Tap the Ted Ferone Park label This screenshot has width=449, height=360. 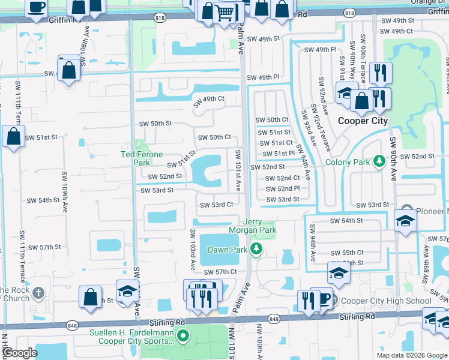coord(142,158)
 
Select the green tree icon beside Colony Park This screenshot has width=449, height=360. coord(379,161)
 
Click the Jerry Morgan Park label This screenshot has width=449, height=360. coord(252,226)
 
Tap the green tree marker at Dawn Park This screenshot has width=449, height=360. coord(257,249)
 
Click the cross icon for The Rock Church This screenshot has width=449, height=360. coord(38,293)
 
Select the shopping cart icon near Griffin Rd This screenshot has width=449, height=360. coord(224,12)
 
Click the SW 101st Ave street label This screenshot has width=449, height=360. coord(238,170)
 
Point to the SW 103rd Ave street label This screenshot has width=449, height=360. coord(193,250)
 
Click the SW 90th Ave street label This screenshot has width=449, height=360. coord(394,158)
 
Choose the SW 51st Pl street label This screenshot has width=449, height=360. coord(276,153)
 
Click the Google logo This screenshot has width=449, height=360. coord(20,353)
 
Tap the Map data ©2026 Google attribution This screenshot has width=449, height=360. coord(411,355)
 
